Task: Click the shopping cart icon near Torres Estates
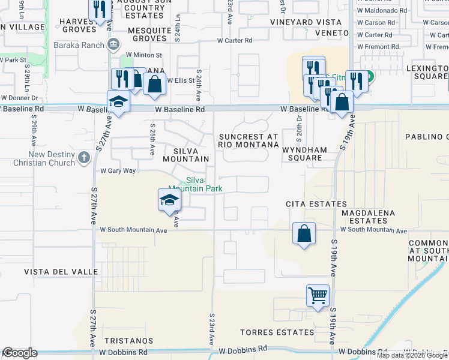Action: (318, 295)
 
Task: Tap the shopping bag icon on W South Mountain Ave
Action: (304, 233)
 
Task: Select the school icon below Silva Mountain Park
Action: (169, 200)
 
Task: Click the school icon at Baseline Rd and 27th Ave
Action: (118, 101)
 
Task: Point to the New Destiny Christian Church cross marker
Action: (83, 158)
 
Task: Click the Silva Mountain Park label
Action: (203, 184)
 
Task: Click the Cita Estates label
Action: (316, 204)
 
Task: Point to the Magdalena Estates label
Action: (368, 217)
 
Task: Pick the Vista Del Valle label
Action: (61, 272)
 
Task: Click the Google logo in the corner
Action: (19, 353)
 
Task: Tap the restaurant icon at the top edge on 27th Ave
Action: (100, 8)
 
